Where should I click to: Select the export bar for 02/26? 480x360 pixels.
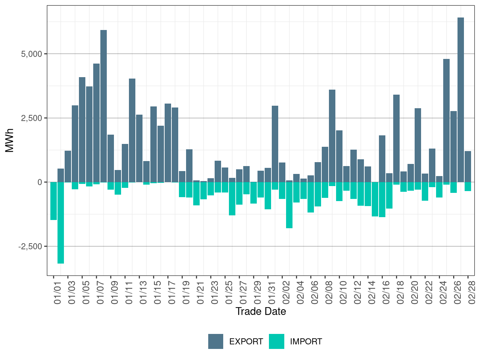click(x=454, y=146)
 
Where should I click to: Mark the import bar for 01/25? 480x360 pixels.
click(x=225, y=187)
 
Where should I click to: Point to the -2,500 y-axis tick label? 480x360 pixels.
click(x=30, y=246)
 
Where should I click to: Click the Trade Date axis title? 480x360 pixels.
click(x=261, y=311)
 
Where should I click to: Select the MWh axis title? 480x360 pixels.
click(x=10, y=140)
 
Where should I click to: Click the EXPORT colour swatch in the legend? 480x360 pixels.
click(x=216, y=341)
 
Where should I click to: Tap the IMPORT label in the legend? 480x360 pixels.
click(x=306, y=342)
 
